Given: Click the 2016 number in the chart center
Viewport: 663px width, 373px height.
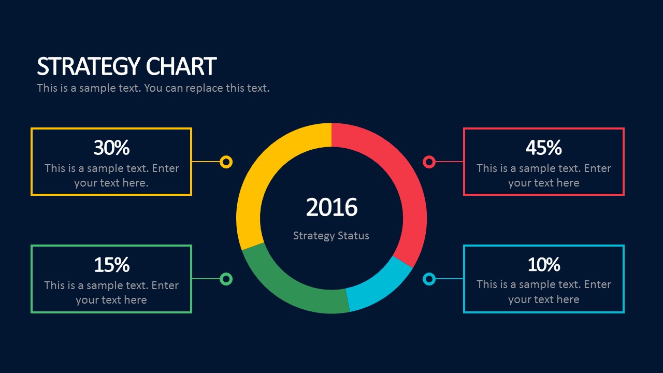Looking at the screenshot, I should [331, 207].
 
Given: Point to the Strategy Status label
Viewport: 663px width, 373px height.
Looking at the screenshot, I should [331, 236].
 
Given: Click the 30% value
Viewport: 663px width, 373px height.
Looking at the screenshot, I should [111, 148].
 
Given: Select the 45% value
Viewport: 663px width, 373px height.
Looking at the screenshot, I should [543, 148].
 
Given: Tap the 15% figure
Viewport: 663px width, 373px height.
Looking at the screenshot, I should [111, 265].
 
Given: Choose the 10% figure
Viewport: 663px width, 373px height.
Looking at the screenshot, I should [543, 265].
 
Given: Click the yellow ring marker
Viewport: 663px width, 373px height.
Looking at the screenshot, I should [226, 162].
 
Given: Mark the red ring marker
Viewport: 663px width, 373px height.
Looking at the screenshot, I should [429, 162].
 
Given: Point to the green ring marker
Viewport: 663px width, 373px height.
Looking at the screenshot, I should [226, 279].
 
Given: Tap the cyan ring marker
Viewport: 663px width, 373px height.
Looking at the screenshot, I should [429, 279].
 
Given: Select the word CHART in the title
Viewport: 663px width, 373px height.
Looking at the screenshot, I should [181, 67].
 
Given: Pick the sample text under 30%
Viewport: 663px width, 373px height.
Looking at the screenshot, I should [111, 176].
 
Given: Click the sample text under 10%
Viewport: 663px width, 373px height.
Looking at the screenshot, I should [543, 292].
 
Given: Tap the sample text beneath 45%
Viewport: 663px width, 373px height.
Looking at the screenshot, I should [543, 176].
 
